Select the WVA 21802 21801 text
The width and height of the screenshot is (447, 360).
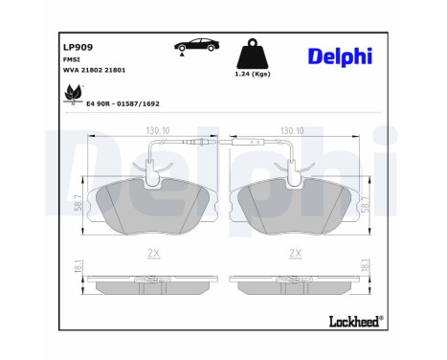94,70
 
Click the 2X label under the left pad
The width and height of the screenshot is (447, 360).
153,253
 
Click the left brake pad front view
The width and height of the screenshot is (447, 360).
153,205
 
